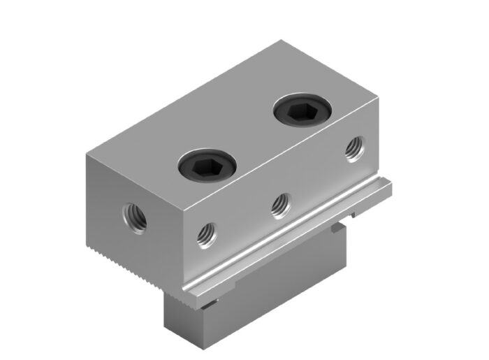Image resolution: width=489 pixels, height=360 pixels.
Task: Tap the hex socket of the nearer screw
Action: point(207,166)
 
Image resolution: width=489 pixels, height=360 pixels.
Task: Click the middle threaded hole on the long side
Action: point(280,203)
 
